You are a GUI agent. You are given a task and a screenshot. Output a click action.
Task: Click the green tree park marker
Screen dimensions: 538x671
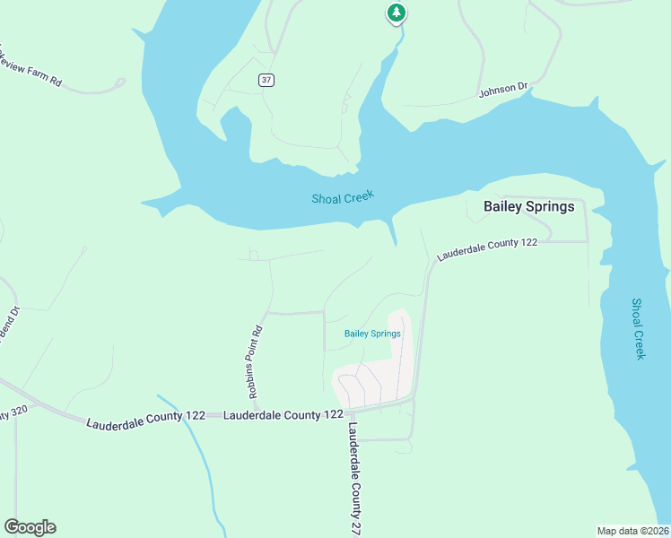[396, 13]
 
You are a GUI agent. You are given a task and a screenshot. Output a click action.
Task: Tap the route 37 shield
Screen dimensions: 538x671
[266, 80]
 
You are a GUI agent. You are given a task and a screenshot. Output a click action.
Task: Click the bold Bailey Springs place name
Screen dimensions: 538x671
[528, 206]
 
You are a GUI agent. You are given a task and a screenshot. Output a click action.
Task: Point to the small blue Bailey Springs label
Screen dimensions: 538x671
[372, 334]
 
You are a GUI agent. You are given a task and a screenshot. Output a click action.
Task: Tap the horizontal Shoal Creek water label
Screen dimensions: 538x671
[342, 197]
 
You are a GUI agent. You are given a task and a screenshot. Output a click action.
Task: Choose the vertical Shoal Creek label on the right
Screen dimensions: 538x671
[639, 329]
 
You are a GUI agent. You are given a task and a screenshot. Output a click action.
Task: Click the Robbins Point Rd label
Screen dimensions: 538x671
[256, 354]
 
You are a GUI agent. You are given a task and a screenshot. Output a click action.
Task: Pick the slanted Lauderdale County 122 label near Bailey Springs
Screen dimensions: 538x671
[487, 248]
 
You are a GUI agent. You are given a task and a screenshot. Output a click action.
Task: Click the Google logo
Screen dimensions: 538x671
[30, 527]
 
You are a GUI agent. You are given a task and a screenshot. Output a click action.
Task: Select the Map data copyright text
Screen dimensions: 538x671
[632, 530]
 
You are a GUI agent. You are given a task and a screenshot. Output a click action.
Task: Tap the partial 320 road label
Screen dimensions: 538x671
[9, 413]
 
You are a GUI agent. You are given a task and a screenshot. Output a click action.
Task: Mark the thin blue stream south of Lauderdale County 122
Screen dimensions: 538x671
[202, 457]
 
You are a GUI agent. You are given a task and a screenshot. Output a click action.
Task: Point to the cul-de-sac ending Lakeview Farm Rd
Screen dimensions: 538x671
[120, 82]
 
